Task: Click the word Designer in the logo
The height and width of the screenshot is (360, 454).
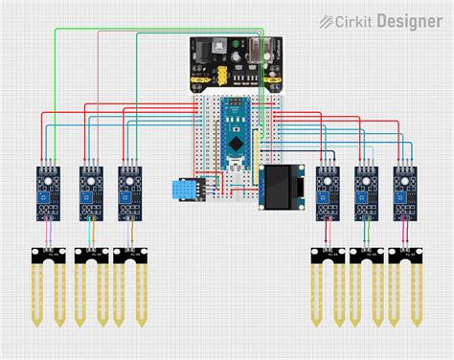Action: [x=409, y=20]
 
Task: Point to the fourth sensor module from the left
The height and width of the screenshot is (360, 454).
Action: [x=327, y=191]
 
